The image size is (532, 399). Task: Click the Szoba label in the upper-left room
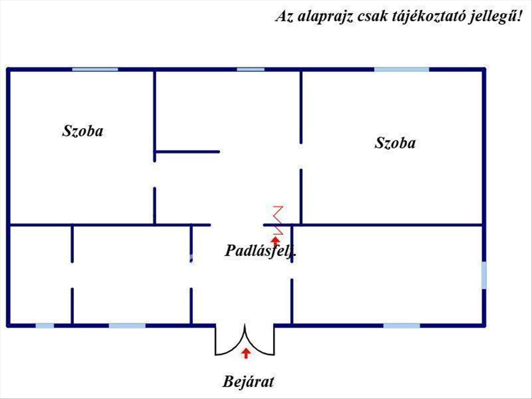point(82,131)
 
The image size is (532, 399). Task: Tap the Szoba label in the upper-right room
point(395,143)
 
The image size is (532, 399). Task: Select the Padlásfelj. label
point(261,251)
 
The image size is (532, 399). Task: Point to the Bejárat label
point(248,382)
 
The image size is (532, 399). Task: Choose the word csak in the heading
point(372,16)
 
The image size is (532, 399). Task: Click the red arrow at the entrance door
point(246,353)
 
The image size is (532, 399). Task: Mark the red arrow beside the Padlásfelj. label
point(275,242)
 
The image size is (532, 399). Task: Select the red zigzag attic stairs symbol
point(278,220)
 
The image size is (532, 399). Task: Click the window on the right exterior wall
point(484,275)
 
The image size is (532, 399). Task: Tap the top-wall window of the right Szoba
point(402,70)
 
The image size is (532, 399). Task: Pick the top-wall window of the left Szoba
point(95,70)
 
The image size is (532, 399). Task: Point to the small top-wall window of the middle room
point(250,70)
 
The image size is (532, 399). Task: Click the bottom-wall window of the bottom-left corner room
point(45,325)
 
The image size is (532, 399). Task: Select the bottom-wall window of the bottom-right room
point(402,325)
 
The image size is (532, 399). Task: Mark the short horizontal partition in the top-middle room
point(187,152)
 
